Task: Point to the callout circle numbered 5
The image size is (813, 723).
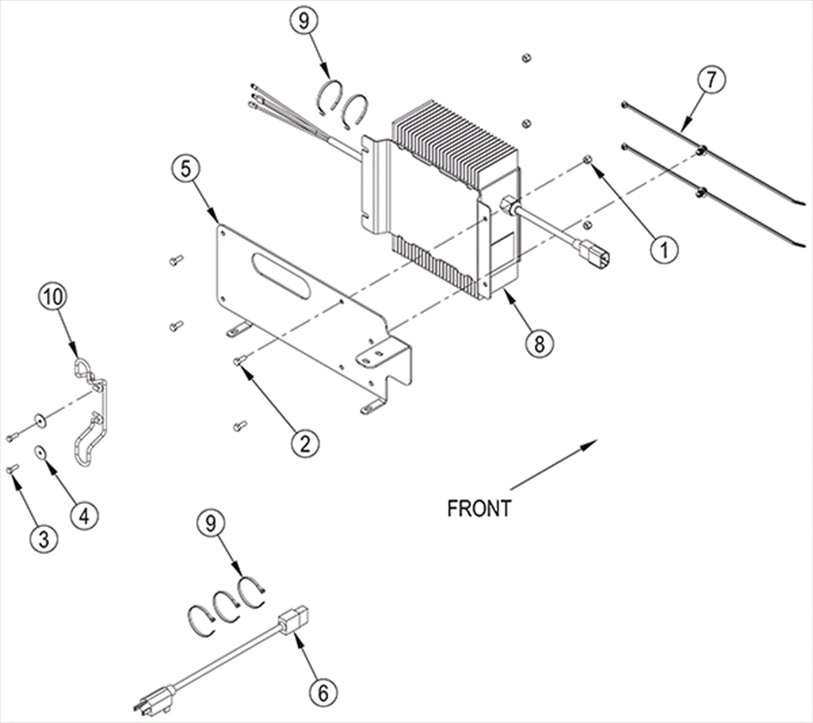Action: (x=186, y=169)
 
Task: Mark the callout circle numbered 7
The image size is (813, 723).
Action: (x=711, y=81)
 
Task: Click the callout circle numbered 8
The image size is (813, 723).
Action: (x=539, y=344)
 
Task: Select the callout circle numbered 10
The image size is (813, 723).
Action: (x=53, y=298)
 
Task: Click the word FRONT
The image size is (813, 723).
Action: (x=479, y=508)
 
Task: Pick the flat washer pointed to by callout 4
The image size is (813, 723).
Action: (x=40, y=451)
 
